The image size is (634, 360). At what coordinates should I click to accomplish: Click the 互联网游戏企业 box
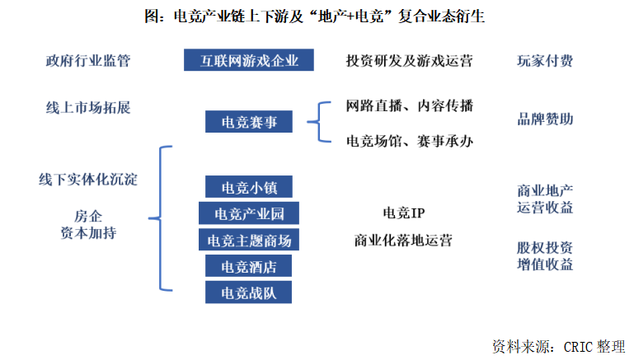tap(249, 61)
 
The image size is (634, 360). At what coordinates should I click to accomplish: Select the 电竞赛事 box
tap(250, 123)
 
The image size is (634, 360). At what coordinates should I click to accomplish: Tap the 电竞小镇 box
tap(250, 186)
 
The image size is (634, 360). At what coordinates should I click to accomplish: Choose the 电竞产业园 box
tap(249, 213)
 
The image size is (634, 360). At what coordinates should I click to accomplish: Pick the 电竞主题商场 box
tap(249, 241)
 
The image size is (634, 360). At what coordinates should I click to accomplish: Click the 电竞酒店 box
tap(249, 267)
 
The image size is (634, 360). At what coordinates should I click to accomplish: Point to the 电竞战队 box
tap(249, 292)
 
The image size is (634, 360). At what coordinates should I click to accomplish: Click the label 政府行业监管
tap(88, 61)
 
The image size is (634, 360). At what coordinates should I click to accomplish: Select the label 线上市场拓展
tap(88, 108)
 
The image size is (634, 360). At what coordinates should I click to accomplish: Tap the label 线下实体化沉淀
tap(88, 179)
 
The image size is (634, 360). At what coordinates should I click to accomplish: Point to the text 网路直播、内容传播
tap(409, 106)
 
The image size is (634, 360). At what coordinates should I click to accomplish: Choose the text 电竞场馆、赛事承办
tap(409, 141)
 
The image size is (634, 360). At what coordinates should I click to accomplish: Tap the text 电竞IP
tap(403, 213)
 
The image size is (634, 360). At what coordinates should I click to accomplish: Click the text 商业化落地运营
tap(403, 241)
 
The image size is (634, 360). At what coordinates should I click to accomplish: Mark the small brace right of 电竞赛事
tap(318, 123)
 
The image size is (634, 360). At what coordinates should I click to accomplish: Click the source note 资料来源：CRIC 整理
tap(558, 344)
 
